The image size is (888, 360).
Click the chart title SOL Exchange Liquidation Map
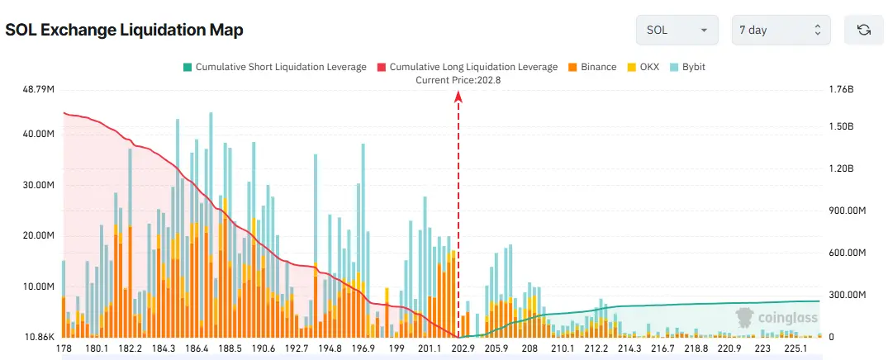pos(124,31)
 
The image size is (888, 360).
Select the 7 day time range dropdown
pos(780,30)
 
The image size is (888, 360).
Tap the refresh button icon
pos(864,30)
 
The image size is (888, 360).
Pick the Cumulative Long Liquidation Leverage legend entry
pos(467,67)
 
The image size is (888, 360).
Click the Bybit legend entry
pos(687,67)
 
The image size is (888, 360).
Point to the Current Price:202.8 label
pos(458,80)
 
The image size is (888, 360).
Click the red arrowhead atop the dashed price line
pos(458,97)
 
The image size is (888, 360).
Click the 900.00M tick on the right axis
pos(846,211)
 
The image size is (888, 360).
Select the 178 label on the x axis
pos(64,348)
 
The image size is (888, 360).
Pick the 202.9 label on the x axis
pos(463,348)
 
